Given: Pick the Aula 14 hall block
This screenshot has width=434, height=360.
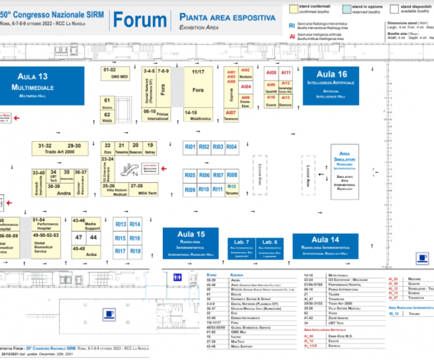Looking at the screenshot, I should (x=325, y=243).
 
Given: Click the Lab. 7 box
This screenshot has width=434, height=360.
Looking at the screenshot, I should (x=240, y=244).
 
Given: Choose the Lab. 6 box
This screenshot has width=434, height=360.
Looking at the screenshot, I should (x=270, y=244).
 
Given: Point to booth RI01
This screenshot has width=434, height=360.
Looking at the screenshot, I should (x=190, y=147).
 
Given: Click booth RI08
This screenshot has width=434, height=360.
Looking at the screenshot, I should (x=232, y=175).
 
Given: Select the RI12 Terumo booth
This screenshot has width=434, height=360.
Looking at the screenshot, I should (x=232, y=190).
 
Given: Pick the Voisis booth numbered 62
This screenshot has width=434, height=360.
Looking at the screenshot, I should (x=107, y=117).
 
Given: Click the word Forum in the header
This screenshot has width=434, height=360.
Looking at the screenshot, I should (x=139, y=20).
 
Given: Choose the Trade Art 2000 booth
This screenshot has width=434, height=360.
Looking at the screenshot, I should (x=59, y=149).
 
